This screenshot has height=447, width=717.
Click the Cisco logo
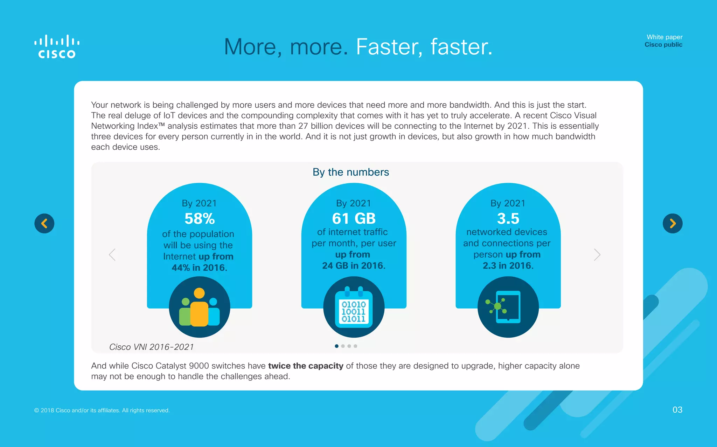tap(57, 46)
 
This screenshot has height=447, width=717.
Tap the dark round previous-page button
tap(44, 223)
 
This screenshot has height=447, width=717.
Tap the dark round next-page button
tap(673, 223)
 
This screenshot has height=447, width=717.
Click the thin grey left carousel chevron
tap(112, 255)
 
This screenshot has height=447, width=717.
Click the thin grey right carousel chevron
tap(597, 255)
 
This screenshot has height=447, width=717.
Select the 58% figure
tap(200, 219)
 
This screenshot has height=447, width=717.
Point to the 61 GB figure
tap(354, 218)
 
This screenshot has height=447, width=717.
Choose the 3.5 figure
tap(508, 218)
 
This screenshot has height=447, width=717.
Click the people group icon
tap(200, 307)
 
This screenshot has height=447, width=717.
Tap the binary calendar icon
tap(354, 307)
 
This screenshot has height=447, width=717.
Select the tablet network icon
tap(508, 307)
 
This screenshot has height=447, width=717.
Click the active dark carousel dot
tap(336, 346)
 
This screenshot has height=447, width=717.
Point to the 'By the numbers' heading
tap(351, 172)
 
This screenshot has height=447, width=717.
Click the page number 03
tap(677, 409)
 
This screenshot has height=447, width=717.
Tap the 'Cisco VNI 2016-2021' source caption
tap(151, 347)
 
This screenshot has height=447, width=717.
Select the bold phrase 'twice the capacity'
tap(306, 366)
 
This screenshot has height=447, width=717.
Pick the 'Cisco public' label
tap(663, 45)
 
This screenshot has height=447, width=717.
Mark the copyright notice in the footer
tap(102, 410)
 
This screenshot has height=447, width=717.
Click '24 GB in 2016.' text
tap(354, 266)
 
